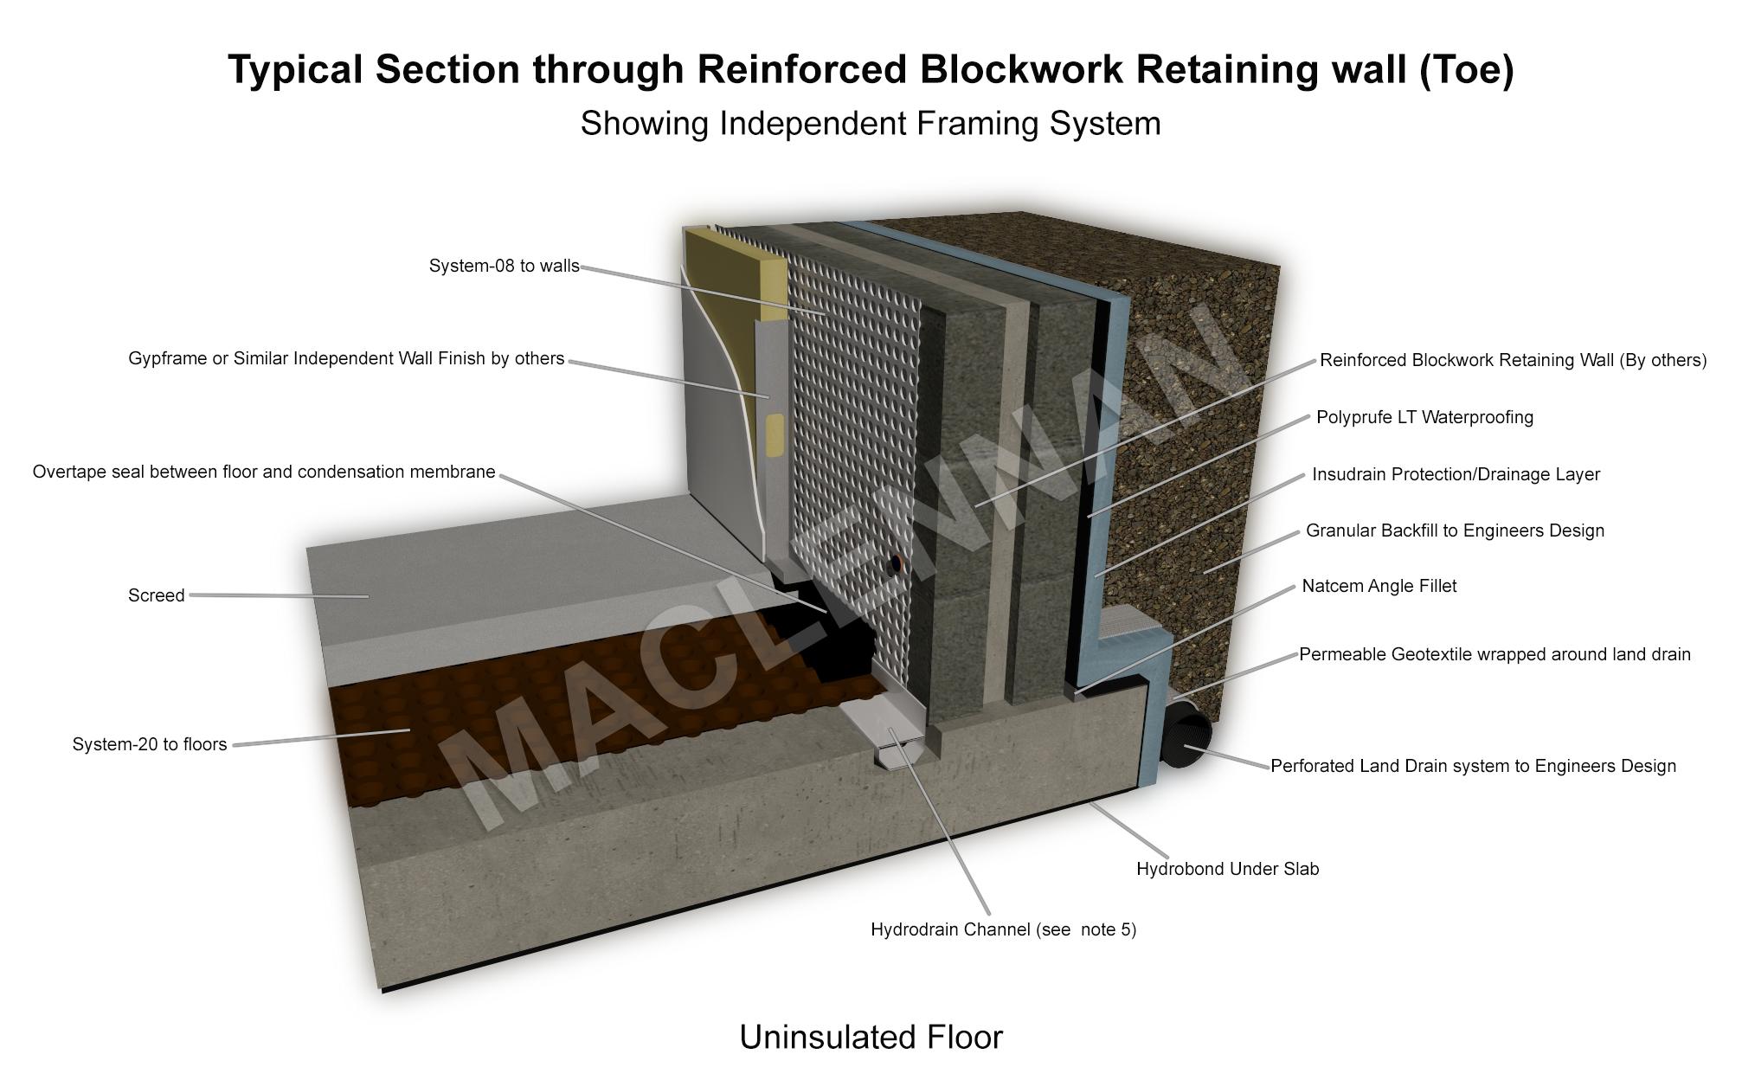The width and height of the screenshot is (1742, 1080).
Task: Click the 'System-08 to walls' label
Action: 504,267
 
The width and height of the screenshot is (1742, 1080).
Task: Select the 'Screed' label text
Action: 156,595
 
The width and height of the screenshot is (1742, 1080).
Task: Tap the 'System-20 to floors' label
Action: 149,744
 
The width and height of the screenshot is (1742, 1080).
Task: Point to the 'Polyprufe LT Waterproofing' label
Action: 1424,417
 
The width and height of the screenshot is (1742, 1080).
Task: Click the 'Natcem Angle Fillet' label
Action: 1379,586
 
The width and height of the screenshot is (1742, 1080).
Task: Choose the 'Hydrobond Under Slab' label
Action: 1227,869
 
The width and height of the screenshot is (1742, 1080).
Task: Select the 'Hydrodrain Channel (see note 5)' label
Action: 1003,929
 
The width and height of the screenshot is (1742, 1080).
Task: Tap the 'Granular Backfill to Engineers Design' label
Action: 1455,530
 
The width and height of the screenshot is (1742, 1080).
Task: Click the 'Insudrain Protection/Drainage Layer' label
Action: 1456,474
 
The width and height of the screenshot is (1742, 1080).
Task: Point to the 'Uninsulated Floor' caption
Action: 871,1037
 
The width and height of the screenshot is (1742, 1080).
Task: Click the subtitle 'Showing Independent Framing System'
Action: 871,124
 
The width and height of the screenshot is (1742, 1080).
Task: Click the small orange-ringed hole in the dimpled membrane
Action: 896,565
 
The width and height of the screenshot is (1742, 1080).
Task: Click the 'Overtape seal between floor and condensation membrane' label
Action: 264,472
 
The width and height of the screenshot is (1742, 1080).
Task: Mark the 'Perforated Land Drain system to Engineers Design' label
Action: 1473,766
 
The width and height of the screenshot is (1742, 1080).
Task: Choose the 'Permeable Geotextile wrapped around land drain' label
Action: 1495,654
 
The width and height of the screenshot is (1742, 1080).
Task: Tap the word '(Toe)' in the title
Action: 1466,69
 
